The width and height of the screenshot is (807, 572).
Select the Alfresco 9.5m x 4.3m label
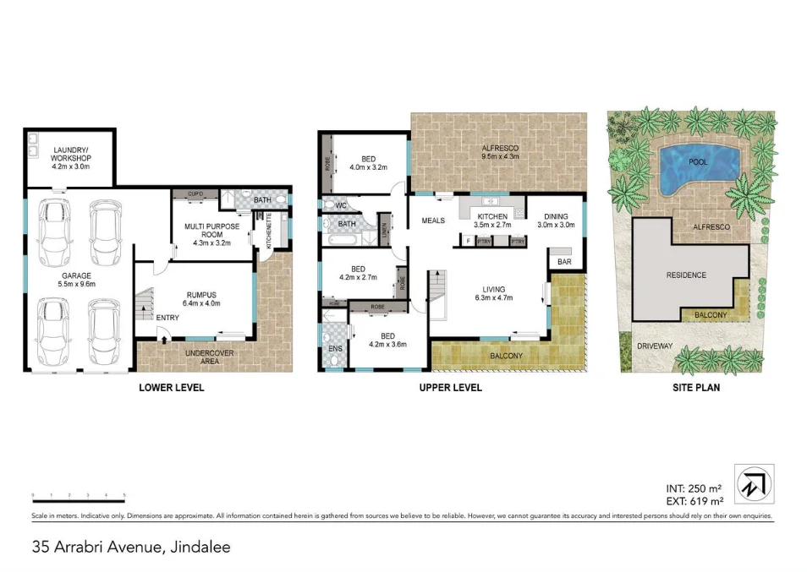[x=499, y=153]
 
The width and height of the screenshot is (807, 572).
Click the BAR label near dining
[x=565, y=263]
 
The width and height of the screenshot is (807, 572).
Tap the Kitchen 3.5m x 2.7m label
[x=491, y=221]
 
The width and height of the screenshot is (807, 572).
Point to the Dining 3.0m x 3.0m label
[x=557, y=221]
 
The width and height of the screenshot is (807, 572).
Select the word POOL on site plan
[x=698, y=161]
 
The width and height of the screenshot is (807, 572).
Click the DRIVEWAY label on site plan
[x=655, y=346]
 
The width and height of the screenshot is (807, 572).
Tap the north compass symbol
[x=752, y=482]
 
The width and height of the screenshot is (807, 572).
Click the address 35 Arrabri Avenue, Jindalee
[x=131, y=547]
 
